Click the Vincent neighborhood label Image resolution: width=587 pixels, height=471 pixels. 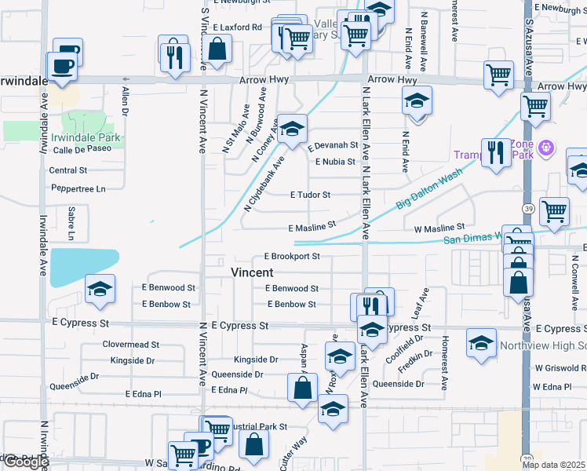point(252,272)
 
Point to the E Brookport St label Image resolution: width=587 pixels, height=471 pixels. point(292,256)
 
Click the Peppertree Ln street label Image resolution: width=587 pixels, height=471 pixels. point(78,189)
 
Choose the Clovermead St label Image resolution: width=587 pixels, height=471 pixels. point(130,344)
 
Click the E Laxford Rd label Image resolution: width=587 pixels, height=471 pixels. point(235,27)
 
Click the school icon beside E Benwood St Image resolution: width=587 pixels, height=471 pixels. point(100,290)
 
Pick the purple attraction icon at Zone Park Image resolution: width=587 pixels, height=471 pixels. point(548,146)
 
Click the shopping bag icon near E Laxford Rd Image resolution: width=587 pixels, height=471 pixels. point(217,49)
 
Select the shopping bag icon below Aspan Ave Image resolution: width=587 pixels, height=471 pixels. point(302,387)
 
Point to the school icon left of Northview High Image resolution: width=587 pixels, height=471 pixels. point(481,343)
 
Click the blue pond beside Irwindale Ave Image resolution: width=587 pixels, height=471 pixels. point(82,267)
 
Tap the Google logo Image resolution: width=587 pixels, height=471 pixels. point(25,462)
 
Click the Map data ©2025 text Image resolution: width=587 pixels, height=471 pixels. point(554,465)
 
